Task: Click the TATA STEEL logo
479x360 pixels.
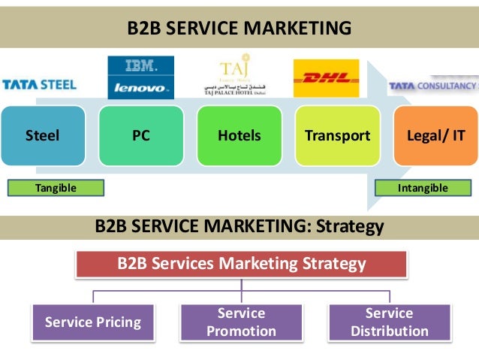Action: point(39,84)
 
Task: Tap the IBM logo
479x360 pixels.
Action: point(140,66)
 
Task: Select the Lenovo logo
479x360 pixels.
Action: point(140,87)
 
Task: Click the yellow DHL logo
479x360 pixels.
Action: point(326,78)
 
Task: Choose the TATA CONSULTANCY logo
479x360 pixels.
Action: point(433,86)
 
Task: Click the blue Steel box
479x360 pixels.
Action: point(42,136)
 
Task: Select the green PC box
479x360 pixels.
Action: point(140,136)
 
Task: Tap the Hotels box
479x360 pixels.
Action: point(239,136)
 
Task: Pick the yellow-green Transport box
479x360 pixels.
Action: point(337,136)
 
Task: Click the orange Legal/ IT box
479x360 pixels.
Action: point(435,136)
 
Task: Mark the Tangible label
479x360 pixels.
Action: point(56,188)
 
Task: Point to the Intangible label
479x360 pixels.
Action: point(423,188)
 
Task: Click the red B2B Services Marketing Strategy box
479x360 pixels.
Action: point(241,265)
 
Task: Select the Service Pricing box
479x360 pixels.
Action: point(93,322)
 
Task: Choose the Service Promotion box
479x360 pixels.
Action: point(241,322)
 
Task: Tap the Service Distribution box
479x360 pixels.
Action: point(389,322)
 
